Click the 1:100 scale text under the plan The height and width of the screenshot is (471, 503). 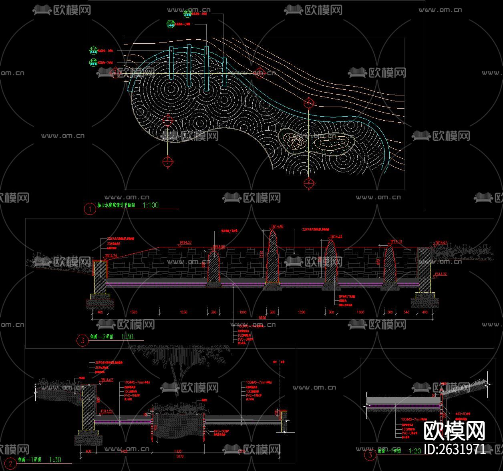(151, 205)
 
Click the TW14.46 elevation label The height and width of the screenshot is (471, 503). (277, 226)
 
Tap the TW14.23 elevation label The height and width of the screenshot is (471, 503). (336, 237)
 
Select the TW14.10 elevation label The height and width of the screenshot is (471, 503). (396, 242)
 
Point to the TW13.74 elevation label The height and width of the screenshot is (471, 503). (111, 255)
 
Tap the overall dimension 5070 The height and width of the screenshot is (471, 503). (179, 456)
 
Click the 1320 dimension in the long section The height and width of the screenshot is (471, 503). (134, 311)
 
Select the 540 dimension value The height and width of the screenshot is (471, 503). (406, 311)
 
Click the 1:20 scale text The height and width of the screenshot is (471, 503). (415, 451)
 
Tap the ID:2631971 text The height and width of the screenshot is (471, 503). (455, 449)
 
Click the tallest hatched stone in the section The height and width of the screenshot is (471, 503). (274, 257)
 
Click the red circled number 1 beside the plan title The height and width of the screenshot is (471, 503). (90, 209)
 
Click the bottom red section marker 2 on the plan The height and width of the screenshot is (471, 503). (309, 183)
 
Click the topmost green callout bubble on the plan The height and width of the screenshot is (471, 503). (187, 14)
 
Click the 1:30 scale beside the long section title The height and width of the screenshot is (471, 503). (127, 337)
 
